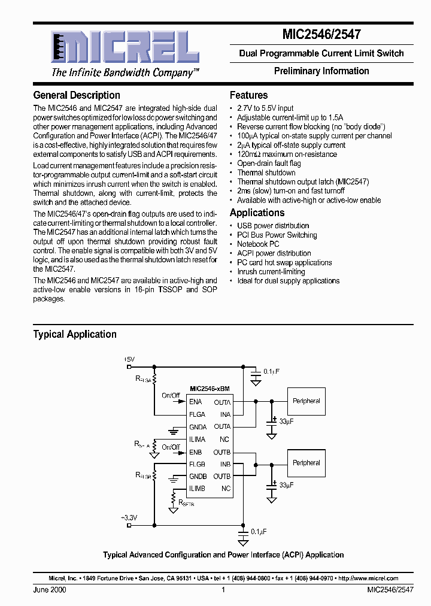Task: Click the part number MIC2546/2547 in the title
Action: pyautogui.click(x=321, y=35)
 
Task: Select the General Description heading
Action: pyautogui.click(x=77, y=95)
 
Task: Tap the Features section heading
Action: pyautogui.click(x=249, y=95)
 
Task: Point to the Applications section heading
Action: pyautogui.click(x=257, y=213)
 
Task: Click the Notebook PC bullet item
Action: pyautogui.click(x=258, y=244)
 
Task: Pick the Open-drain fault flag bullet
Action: pyautogui.click(x=269, y=163)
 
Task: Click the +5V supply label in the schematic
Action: pyautogui.click(x=130, y=359)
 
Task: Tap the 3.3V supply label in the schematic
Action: pyautogui.click(x=130, y=517)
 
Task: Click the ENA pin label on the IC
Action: pyautogui.click(x=196, y=402)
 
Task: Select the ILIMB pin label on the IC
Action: pyautogui.click(x=198, y=489)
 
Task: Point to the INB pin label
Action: pyautogui.click(x=225, y=464)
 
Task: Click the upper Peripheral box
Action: pyautogui.click(x=306, y=401)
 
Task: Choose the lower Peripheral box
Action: pyautogui.click(x=306, y=463)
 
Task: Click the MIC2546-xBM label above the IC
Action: pyautogui.click(x=210, y=389)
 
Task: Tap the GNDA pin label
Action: pyautogui.click(x=198, y=427)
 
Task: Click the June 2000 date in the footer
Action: pyautogui.click(x=50, y=590)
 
